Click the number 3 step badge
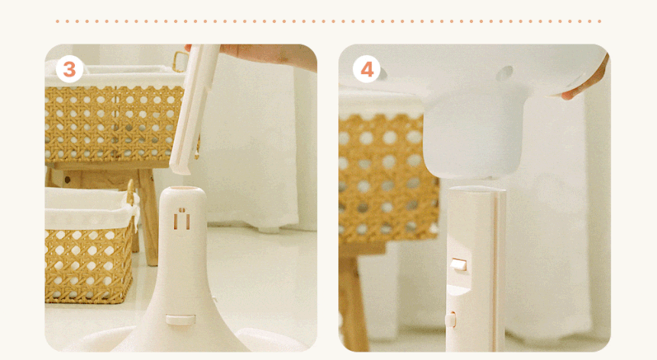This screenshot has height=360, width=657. point(69,69)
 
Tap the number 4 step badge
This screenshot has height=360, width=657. point(367,69)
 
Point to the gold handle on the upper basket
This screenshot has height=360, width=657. point(180,62)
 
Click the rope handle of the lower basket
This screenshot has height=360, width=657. point(131,197)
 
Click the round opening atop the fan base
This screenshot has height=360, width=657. point(183,190)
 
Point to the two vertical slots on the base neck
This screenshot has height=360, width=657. point(182,219)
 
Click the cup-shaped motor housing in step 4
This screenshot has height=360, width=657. point(474,131)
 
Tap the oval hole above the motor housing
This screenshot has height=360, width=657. point(503,74)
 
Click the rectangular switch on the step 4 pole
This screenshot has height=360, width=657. point(458,265)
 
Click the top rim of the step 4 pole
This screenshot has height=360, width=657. point(477,190)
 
